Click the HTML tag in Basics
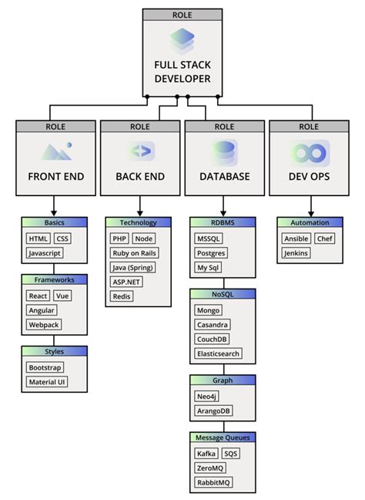(x=38, y=238)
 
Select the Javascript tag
(x=45, y=252)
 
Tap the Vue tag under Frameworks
(x=63, y=296)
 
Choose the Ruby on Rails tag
(x=134, y=252)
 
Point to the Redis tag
(x=121, y=296)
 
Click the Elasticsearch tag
(x=221, y=353)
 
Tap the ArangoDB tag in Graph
(x=213, y=410)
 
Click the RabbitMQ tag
(x=213, y=482)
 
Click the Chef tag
(x=325, y=238)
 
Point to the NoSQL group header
(x=223, y=293)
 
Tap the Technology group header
(x=138, y=222)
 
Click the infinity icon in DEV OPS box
(x=310, y=150)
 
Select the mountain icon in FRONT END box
(x=55, y=151)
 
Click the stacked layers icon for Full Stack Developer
(x=182, y=38)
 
